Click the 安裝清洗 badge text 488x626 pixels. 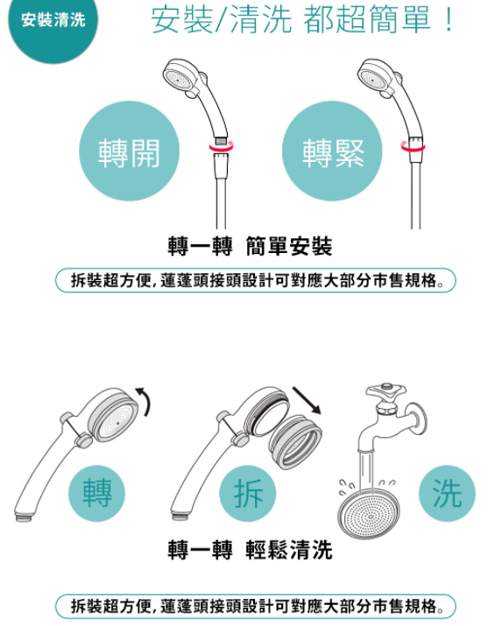pyautogui.click(x=53, y=20)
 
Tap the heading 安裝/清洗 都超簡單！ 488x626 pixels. pyautogui.click(x=303, y=19)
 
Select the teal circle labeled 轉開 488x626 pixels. pyautogui.click(x=130, y=151)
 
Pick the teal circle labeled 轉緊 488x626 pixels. pyautogui.click(x=332, y=151)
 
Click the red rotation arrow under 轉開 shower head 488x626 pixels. pyautogui.click(x=222, y=148)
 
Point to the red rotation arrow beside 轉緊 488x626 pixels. pyautogui.click(x=414, y=147)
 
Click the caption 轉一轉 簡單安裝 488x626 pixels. pyautogui.click(x=250, y=246)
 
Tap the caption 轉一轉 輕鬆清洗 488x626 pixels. pyautogui.click(x=250, y=550)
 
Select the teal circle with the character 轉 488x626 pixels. pyautogui.click(x=96, y=494)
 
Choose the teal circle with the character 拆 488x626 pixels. pyautogui.click(x=248, y=494)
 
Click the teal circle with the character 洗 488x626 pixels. pyautogui.click(x=448, y=494)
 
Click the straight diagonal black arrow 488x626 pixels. pyautogui.click(x=307, y=400)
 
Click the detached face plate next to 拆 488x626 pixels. pyautogui.click(x=295, y=442)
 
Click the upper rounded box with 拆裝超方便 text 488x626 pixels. pyautogui.click(x=256, y=280)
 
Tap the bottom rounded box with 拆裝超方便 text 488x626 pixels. pyautogui.click(x=256, y=607)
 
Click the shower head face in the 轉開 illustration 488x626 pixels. pyautogui.click(x=178, y=77)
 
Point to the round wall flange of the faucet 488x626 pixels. pyautogui.click(x=418, y=419)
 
